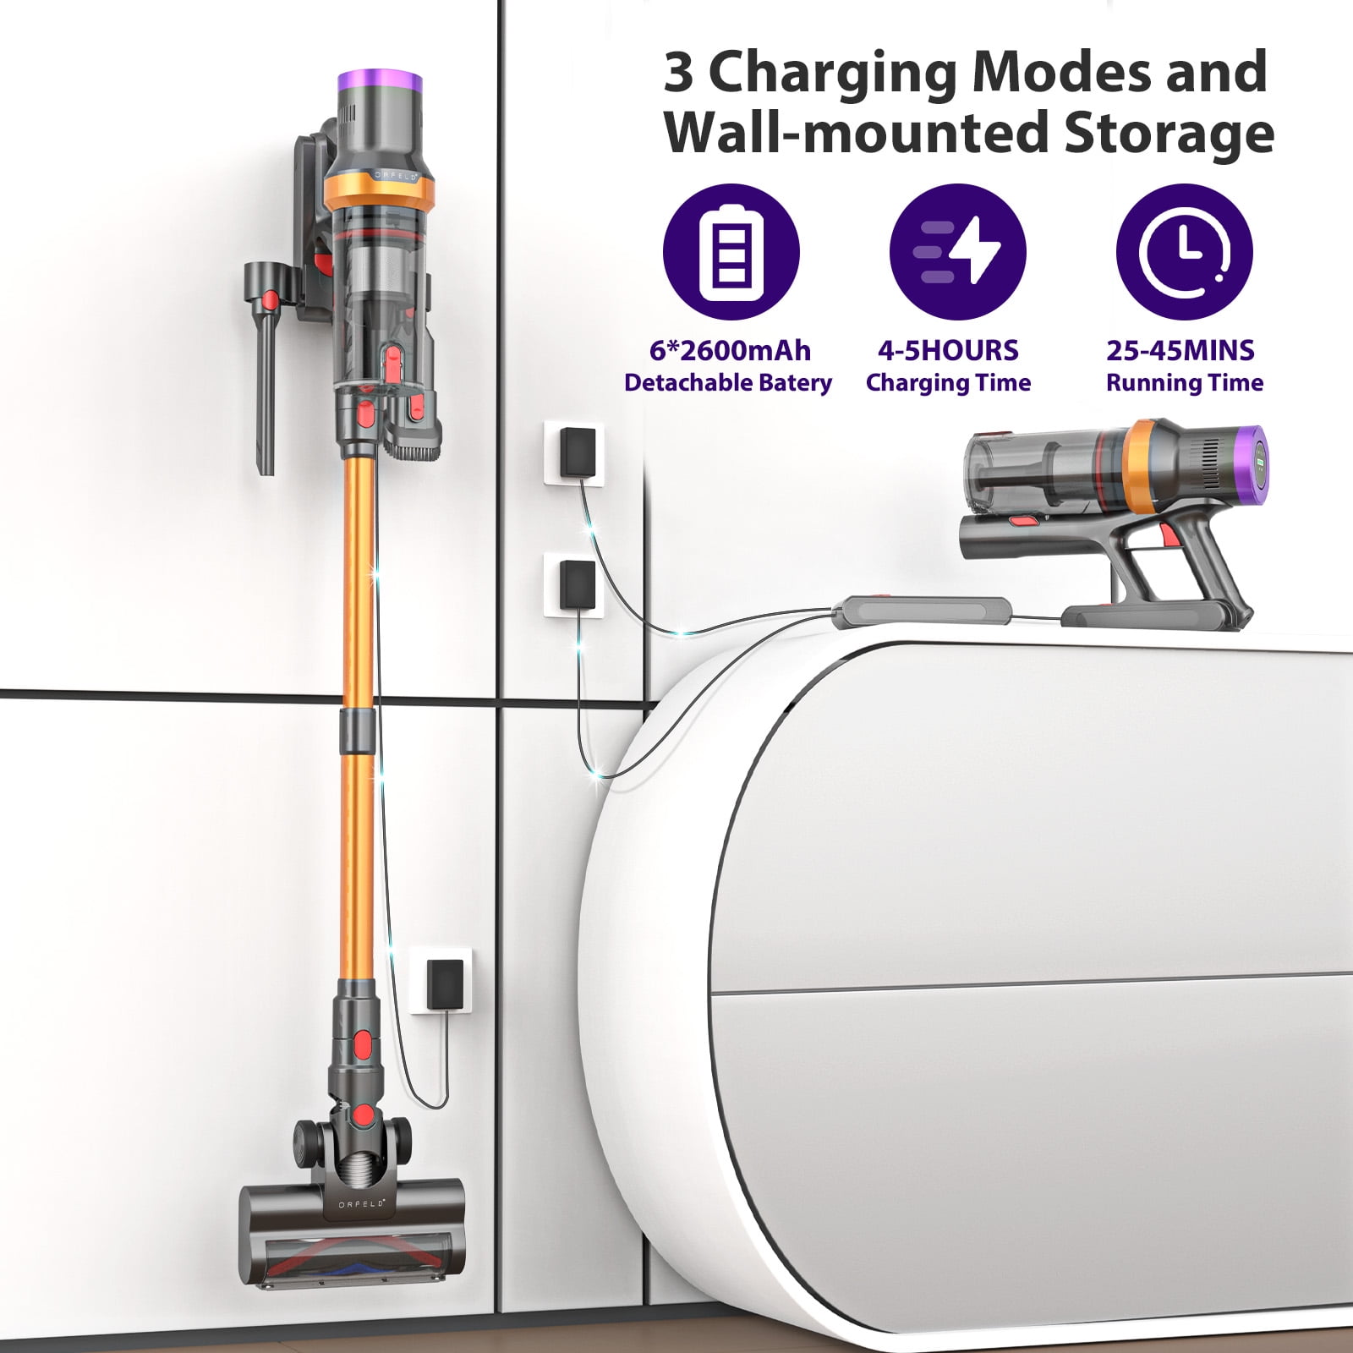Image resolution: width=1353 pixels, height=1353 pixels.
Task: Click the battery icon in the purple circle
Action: (x=731, y=251)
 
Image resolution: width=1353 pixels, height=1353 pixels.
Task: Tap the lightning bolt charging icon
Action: (x=958, y=251)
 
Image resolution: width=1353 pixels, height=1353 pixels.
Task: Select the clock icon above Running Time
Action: (x=1184, y=251)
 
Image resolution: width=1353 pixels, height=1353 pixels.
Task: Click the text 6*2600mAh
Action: (x=730, y=350)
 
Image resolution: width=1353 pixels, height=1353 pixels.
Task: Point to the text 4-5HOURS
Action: (x=948, y=350)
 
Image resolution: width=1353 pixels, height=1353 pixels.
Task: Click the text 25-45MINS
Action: (x=1180, y=350)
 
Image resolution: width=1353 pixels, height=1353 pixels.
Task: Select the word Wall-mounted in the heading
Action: (x=855, y=134)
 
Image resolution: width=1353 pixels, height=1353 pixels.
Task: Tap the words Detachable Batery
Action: (x=728, y=383)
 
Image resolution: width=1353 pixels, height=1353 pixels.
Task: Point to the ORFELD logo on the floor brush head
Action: (x=362, y=1202)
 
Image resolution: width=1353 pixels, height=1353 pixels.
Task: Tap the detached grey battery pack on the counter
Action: (x=922, y=611)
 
